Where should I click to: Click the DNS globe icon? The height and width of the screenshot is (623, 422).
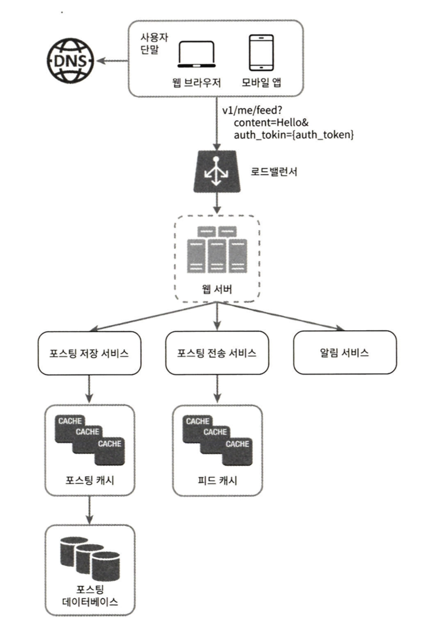point(70,61)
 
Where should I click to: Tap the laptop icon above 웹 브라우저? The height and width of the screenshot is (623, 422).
point(196,54)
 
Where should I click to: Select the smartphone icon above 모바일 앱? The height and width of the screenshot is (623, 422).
point(261,53)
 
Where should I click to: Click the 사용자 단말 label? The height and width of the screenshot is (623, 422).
point(154,43)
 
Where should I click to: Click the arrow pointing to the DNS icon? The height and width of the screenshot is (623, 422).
point(112,61)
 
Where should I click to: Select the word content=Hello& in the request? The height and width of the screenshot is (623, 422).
point(271,123)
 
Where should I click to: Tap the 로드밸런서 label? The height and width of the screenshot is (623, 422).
point(274,172)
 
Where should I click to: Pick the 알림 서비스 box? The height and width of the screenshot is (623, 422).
point(344,352)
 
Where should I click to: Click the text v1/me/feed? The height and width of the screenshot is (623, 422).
point(252,110)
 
